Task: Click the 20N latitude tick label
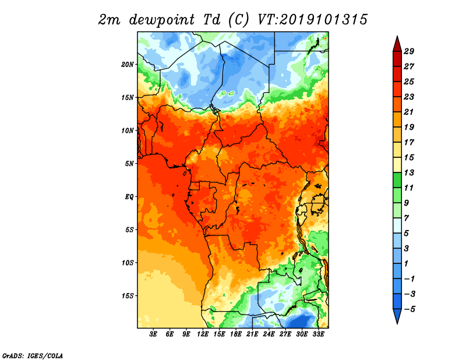coord(128,65)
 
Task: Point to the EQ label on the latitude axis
coord(129,197)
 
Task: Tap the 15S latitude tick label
coord(128,296)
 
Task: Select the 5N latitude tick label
coord(129,164)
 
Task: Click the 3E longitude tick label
coord(153,334)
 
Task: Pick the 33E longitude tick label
coord(318,334)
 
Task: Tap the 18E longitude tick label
coord(236,334)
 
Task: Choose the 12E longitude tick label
coord(203,334)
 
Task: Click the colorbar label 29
coord(409,51)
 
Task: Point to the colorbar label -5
coord(409,309)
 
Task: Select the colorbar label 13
coord(409,172)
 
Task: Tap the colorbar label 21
coord(409,112)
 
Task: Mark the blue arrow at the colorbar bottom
coord(397,316)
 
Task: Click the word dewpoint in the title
coord(161,20)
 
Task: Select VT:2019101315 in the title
coord(312,20)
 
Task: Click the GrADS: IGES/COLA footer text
coord(33,356)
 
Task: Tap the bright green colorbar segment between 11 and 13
coord(397,180)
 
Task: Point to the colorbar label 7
coord(407,218)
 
